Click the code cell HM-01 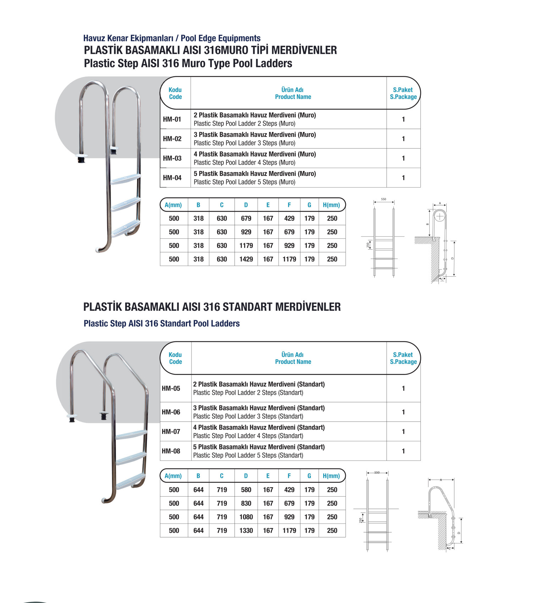pyautogui.click(x=172, y=120)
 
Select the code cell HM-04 pyautogui.click(x=172, y=178)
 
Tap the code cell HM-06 pyautogui.click(x=171, y=412)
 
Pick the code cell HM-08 pyautogui.click(x=171, y=451)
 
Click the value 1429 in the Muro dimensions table pyautogui.click(x=246, y=259)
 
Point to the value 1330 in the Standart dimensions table pyautogui.click(x=246, y=531)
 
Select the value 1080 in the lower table pyautogui.click(x=246, y=517)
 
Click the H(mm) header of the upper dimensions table pyautogui.click(x=331, y=205)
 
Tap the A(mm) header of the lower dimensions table pyautogui.click(x=173, y=476)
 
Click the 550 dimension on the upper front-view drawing pyautogui.click(x=384, y=199)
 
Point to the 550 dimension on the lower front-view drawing pyautogui.click(x=377, y=472)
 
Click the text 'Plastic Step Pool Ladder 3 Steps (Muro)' pyautogui.click(x=244, y=143)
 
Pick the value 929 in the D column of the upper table pyautogui.click(x=246, y=232)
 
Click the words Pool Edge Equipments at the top pyautogui.click(x=221, y=38)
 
